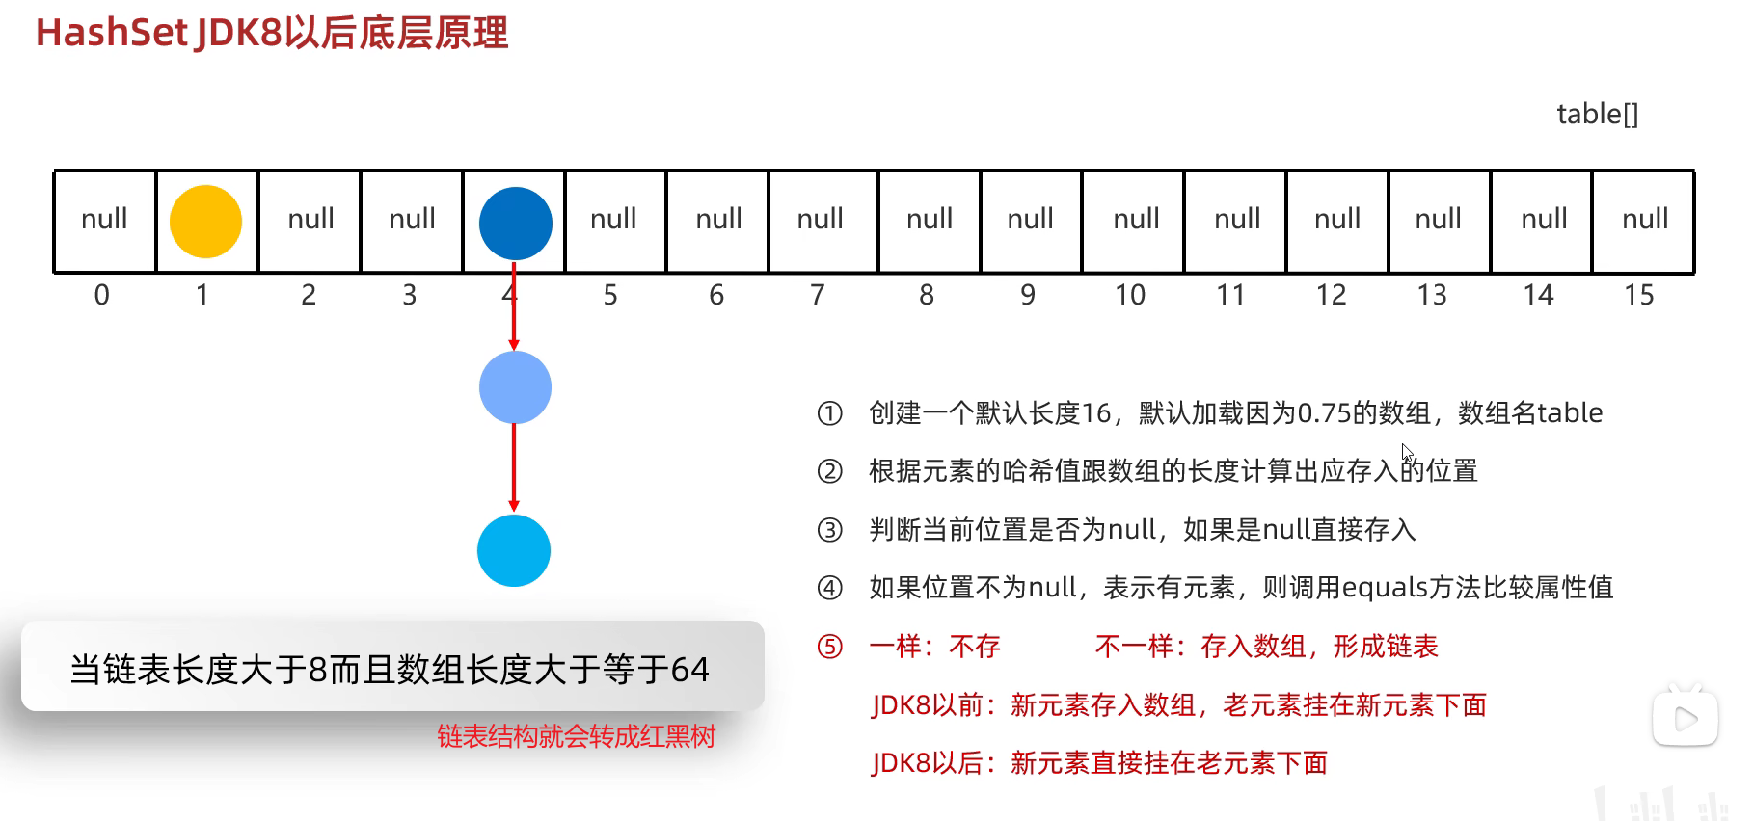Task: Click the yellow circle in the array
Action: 205,222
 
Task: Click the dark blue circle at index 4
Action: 516,223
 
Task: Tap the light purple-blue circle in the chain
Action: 515,387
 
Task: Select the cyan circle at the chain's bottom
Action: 514,550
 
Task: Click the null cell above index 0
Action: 104,220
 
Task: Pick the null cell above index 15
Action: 1644,220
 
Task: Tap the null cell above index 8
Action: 930,220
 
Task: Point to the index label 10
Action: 1130,295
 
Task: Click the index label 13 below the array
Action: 1432,295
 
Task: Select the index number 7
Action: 818,295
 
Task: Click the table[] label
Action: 1597,115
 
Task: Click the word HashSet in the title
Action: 111,33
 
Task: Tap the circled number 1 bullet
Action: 829,413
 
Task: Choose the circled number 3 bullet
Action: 829,530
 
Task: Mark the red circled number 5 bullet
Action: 829,647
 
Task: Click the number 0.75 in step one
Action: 1324,413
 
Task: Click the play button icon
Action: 1686,719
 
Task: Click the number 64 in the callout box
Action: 689,670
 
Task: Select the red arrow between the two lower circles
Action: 514,467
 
